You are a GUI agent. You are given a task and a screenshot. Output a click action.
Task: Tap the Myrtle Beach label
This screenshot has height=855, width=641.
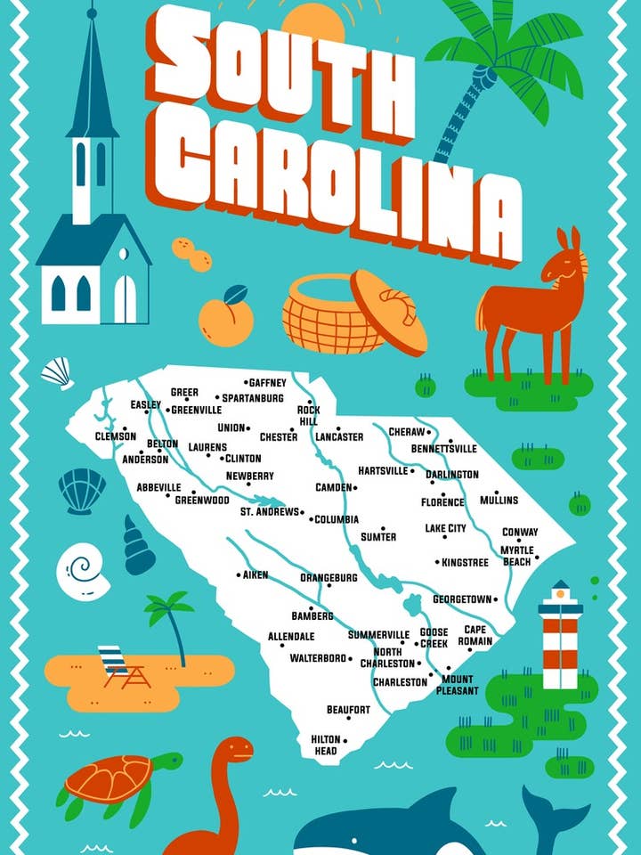click(x=515, y=556)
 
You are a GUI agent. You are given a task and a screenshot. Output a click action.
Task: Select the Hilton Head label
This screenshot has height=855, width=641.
click(x=324, y=745)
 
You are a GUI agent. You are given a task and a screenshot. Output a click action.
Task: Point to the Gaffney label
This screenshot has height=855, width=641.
click(x=267, y=383)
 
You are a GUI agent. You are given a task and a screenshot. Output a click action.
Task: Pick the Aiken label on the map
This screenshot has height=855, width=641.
click(x=256, y=575)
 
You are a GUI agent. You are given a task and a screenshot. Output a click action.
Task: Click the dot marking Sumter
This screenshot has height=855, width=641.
click(x=383, y=527)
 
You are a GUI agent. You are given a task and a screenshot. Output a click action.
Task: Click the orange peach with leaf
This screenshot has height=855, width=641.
click(x=226, y=316)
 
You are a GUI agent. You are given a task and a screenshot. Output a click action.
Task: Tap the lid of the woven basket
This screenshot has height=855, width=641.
click(x=388, y=312)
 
